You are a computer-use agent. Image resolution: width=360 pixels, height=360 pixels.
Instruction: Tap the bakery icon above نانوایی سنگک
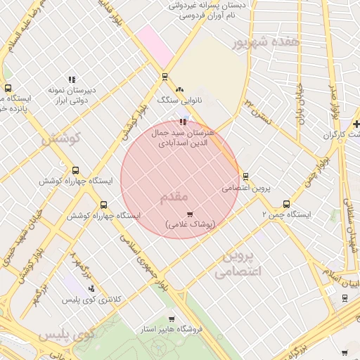(x=179, y=89)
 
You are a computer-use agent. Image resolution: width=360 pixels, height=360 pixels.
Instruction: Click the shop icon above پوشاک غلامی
(x=189, y=214)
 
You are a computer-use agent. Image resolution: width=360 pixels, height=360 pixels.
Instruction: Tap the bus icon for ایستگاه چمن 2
(x=285, y=204)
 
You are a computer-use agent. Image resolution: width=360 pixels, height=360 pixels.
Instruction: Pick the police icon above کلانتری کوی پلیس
(x=91, y=288)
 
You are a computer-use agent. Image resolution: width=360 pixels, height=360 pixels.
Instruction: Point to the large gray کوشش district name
(x=61, y=139)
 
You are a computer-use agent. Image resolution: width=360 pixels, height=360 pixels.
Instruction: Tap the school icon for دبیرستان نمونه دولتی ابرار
(x=71, y=80)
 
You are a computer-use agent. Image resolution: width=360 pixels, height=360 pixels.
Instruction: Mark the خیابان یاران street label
(x=300, y=110)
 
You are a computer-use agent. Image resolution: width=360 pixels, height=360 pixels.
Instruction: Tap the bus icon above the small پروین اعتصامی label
(x=245, y=176)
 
